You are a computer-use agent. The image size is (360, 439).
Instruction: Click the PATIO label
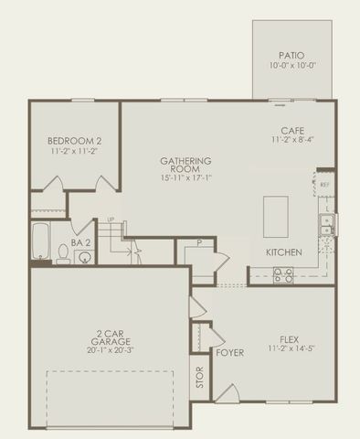(x=292, y=55)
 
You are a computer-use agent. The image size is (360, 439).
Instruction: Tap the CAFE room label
(x=292, y=130)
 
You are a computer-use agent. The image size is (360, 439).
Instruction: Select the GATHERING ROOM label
(x=185, y=166)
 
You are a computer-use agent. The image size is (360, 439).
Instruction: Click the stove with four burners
(x=283, y=273)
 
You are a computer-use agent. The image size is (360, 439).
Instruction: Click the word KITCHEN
(x=285, y=252)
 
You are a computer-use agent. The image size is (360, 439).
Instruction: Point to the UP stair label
(x=111, y=220)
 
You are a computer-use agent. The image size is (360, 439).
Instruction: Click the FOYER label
(x=230, y=352)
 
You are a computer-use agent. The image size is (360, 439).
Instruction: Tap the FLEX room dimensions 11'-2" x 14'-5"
(x=290, y=348)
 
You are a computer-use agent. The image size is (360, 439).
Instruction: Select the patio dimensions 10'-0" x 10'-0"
(x=292, y=67)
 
